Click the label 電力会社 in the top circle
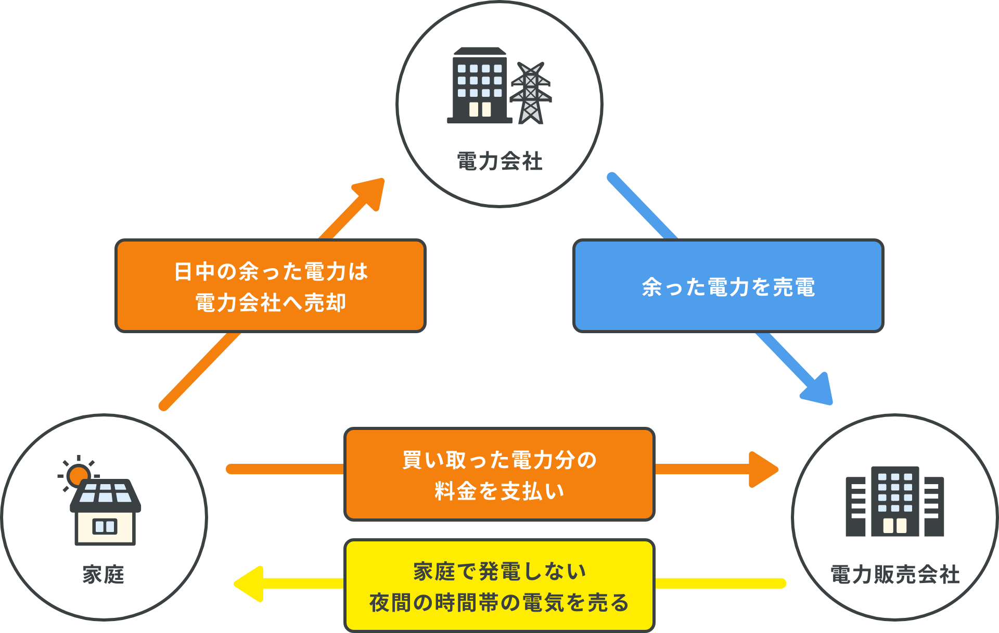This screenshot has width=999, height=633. (x=499, y=161)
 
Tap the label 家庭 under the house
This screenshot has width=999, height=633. (x=103, y=575)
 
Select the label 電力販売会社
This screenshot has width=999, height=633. (x=895, y=575)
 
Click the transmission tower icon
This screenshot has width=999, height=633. (x=530, y=94)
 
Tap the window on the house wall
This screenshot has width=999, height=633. (x=105, y=526)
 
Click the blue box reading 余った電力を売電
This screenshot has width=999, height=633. (x=728, y=286)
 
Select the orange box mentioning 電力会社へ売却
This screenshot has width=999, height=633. (x=270, y=286)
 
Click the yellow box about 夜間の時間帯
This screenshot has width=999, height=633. (x=499, y=586)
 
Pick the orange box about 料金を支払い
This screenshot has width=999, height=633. (x=499, y=474)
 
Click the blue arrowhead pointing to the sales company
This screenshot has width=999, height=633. (x=818, y=389)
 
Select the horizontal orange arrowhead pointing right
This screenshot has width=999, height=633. (x=762, y=470)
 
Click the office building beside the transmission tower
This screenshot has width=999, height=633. (x=479, y=86)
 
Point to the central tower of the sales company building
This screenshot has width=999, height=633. (x=894, y=501)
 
